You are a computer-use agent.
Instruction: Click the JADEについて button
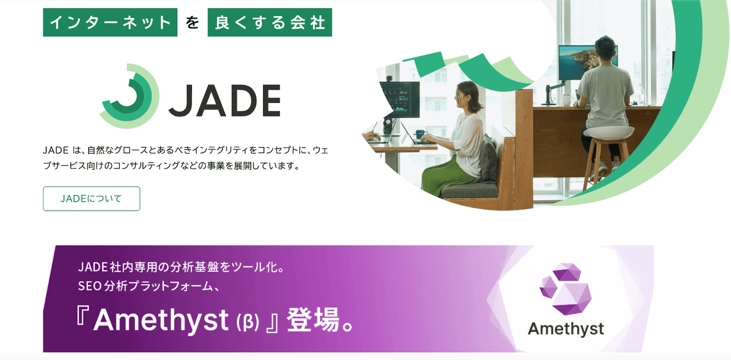click(91, 199)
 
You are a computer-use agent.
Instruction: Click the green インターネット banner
click(110, 23)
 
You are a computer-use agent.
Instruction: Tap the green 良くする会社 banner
click(269, 23)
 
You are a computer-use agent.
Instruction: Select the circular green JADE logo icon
click(129, 95)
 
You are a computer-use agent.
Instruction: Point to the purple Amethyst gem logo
click(566, 289)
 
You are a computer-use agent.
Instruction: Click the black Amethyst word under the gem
click(566, 329)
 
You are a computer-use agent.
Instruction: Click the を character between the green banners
click(192, 23)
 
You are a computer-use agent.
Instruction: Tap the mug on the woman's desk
click(420, 134)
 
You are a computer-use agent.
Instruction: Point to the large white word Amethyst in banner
click(161, 321)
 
